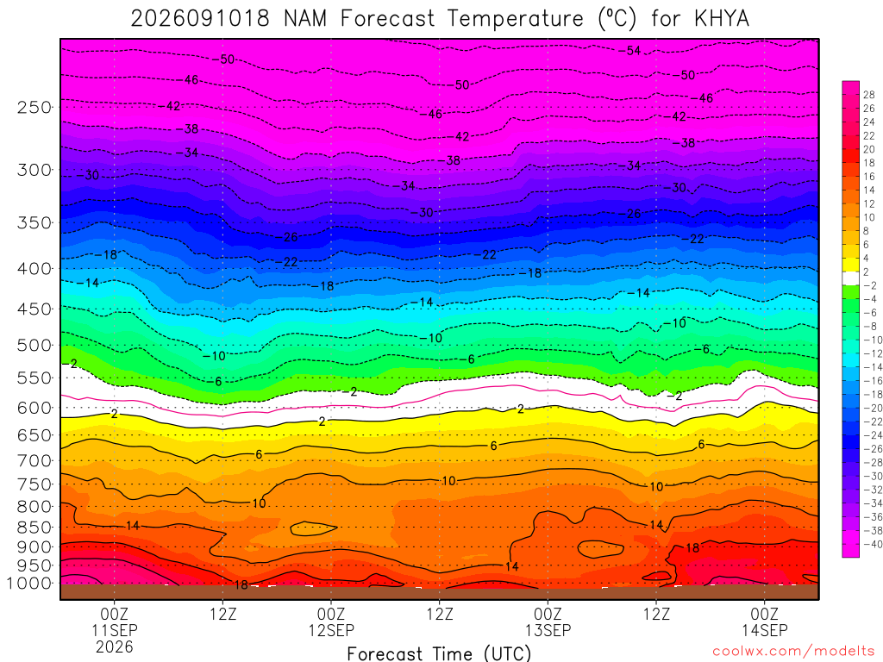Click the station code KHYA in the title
722,19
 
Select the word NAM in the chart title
304,19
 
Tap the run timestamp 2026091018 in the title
200,19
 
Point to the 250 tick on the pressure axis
34,107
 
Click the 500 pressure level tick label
34,345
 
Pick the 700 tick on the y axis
34,461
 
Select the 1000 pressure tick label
29,584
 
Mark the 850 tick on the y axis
34,528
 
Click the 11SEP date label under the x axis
115,630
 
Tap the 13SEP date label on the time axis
548,630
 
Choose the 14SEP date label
765,630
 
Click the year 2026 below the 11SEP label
115,646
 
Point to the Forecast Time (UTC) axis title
439,653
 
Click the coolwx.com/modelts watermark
793,652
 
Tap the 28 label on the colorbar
869,95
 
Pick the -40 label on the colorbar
871,544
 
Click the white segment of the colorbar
851,278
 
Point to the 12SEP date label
331,630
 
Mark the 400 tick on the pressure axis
34,269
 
